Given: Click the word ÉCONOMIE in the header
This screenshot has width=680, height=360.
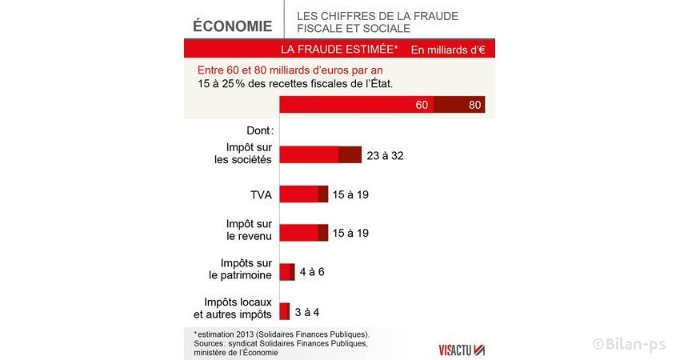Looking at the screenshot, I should click(x=233, y=26).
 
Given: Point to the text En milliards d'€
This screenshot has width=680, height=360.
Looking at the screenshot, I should click(x=447, y=50).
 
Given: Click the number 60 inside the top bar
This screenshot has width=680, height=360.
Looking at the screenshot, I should click(x=422, y=106).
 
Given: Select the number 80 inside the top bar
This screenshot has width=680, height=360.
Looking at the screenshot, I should click(x=474, y=106).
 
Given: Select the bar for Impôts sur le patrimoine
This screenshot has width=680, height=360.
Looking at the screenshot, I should click(x=287, y=271).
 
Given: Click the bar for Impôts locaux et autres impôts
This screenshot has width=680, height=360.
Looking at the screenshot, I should click(x=284, y=311).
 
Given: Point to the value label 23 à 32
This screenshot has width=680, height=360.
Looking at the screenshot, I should click(x=386, y=155).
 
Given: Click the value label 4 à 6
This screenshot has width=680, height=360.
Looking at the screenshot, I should click(x=312, y=271).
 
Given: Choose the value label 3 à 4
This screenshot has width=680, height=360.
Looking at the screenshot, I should click(x=308, y=311).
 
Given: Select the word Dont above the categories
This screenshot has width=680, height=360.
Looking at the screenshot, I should click(x=258, y=130).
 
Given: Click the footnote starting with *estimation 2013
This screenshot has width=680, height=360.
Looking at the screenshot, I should click(x=281, y=333).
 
